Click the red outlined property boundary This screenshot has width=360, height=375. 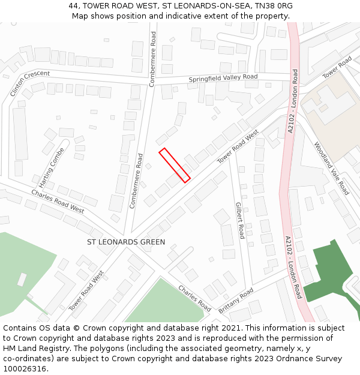tap(175, 164)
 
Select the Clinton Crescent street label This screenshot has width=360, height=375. tap(29, 83)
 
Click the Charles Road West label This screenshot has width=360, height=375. tap(58, 201)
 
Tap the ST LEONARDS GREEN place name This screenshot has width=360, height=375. tap(126, 242)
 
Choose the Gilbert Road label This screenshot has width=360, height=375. tap(239, 220)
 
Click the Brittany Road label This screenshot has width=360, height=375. tap(236, 300)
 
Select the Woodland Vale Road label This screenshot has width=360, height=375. tap(331, 168)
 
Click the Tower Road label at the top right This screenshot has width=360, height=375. tap(337, 68)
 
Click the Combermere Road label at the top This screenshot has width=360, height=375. tap(153, 59)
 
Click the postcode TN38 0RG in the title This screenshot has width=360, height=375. tap(277, 5)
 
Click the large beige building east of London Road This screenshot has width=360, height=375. tap(329, 114)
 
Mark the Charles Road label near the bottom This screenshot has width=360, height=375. tap(194, 298)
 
